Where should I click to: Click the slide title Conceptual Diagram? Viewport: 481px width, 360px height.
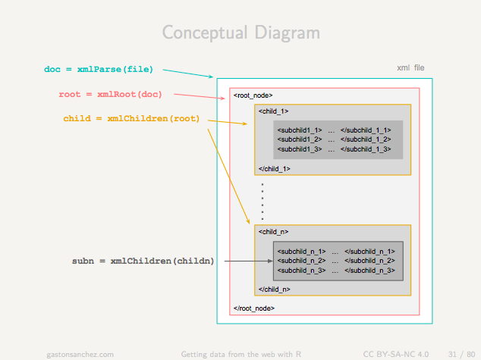(x=241, y=33)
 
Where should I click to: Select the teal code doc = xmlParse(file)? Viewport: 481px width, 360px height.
(x=99, y=69)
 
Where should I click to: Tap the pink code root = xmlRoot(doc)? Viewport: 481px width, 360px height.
(x=111, y=94)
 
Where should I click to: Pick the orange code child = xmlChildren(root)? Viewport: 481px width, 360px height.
(x=131, y=118)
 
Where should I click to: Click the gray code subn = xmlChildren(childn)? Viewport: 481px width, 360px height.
(x=143, y=261)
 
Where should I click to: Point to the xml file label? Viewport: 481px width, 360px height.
(x=410, y=67)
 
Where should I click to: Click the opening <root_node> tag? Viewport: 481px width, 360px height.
(x=253, y=95)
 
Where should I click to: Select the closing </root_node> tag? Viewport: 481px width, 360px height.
(x=254, y=308)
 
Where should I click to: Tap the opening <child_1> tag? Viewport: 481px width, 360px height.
(x=273, y=111)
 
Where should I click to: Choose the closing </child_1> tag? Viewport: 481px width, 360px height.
(x=274, y=169)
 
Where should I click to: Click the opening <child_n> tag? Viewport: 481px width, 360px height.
(x=273, y=232)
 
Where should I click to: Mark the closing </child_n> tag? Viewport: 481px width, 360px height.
(x=274, y=290)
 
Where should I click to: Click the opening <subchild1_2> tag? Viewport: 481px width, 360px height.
(x=300, y=139)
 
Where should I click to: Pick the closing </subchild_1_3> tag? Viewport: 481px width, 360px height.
(x=366, y=149)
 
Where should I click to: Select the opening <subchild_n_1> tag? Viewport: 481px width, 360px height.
(x=301, y=252)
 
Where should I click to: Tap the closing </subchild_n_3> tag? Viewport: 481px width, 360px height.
(x=369, y=271)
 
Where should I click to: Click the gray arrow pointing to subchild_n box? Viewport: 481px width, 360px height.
(x=249, y=261)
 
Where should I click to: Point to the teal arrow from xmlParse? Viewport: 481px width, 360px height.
(x=187, y=74)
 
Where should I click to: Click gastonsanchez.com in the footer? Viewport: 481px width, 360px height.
(x=80, y=355)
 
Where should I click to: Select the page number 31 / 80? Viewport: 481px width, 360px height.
(x=461, y=355)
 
